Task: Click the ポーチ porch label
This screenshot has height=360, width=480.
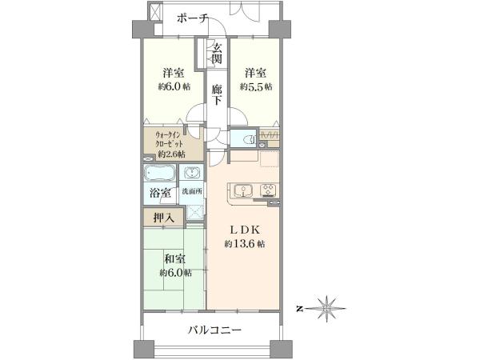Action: pyautogui.click(x=193, y=19)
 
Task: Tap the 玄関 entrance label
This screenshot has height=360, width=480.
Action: pyautogui.click(x=217, y=53)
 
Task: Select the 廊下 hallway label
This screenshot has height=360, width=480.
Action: pyautogui.click(x=217, y=94)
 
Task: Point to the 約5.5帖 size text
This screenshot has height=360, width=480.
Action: pyautogui.click(x=256, y=86)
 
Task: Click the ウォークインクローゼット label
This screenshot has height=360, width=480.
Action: pyautogui.click(x=170, y=138)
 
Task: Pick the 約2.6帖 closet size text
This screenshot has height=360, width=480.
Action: pyautogui.click(x=171, y=154)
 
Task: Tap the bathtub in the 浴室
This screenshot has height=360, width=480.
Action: pyautogui.click(x=160, y=174)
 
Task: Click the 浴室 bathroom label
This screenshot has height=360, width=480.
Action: pyautogui.click(x=160, y=193)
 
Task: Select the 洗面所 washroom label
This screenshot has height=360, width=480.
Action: pyautogui.click(x=192, y=192)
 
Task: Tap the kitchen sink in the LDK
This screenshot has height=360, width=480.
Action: pyautogui.click(x=243, y=190)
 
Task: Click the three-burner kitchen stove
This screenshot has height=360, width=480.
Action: pyautogui.click(x=269, y=190)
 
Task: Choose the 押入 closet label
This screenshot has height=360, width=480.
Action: pyautogui.click(x=164, y=218)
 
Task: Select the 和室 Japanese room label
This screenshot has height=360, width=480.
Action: pyautogui.click(x=174, y=259)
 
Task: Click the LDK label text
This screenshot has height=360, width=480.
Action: pyautogui.click(x=245, y=230)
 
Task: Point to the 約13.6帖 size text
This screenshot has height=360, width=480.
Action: pyautogui.click(x=245, y=244)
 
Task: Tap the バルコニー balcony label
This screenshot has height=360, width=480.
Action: pyautogui.click(x=214, y=330)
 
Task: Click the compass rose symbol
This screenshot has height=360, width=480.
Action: pyautogui.click(x=327, y=309)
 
